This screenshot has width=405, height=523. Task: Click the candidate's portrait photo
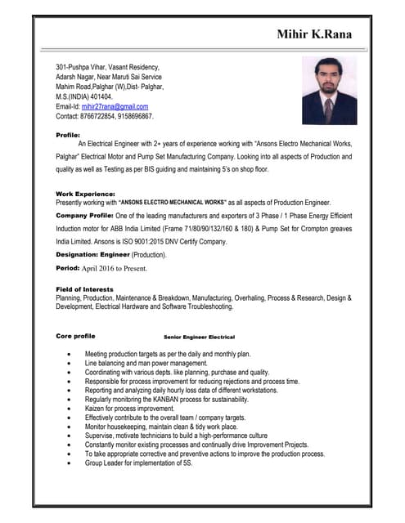[329, 91]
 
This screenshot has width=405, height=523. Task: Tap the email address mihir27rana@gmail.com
[115, 106]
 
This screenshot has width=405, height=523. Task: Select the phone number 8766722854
[103, 116]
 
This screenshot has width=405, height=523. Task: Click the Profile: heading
[68, 134]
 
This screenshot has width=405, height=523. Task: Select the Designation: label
[80, 255]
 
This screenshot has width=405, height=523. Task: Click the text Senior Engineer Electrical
[199, 337]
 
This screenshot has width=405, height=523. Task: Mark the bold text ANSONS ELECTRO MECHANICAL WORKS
[173, 202]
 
